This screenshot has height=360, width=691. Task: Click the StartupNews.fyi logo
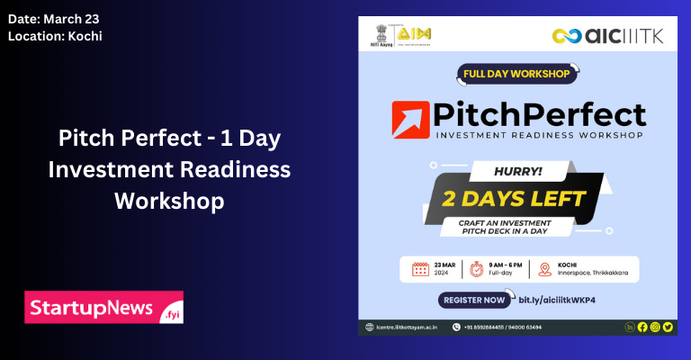pyautogui.click(x=103, y=307)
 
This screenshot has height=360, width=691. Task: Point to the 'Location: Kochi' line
pyautogui.click(x=54, y=36)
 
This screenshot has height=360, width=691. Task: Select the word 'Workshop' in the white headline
pyautogui.click(x=168, y=200)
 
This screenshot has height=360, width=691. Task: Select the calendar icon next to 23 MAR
pyautogui.click(x=420, y=268)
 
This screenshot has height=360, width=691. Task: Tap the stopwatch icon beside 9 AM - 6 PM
pyautogui.click(x=477, y=268)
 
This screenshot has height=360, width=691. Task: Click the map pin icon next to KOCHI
pyautogui.click(x=545, y=268)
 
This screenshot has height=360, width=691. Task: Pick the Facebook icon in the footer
pyautogui.click(x=642, y=327)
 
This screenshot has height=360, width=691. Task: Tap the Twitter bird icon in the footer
pyautogui.click(x=668, y=327)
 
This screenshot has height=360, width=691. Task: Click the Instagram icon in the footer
pyautogui.click(x=655, y=327)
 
